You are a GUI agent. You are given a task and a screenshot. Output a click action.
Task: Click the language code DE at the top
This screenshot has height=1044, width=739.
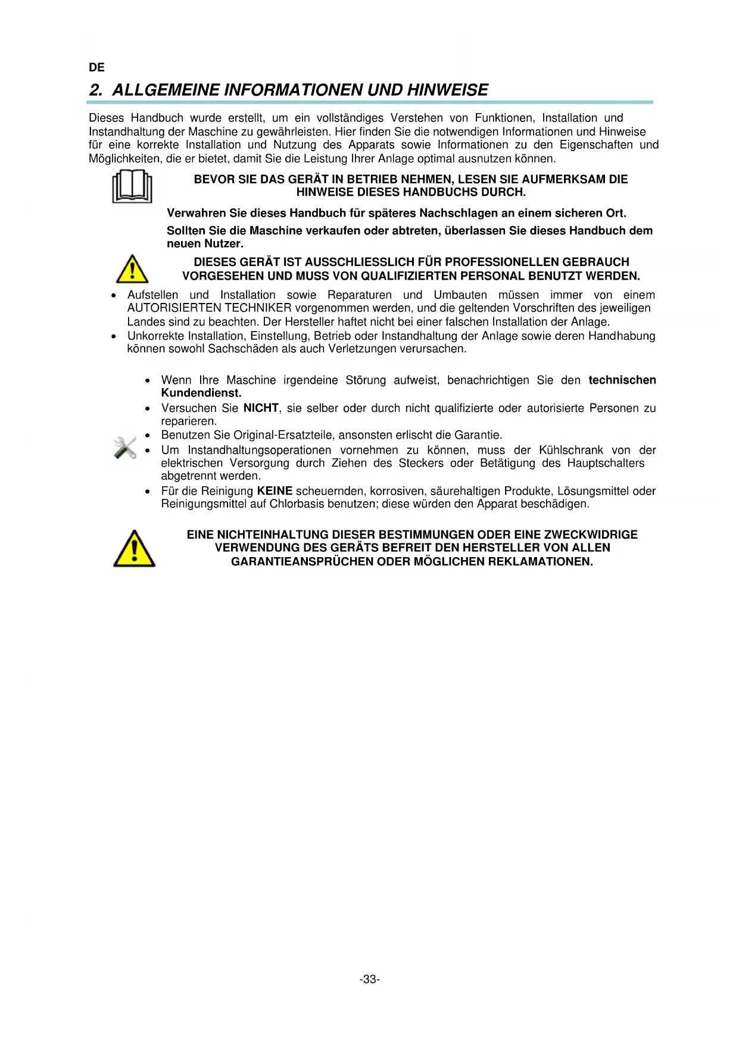click(x=96, y=67)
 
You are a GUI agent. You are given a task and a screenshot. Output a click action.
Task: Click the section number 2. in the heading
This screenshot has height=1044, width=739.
click(x=96, y=90)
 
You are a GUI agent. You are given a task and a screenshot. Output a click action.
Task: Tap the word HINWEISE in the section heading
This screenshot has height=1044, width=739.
click(x=447, y=90)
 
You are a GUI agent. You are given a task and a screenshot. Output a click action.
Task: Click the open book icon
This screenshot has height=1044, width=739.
click(x=132, y=186)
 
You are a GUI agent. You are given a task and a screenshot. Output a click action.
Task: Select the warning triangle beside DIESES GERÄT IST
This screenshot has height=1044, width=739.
click(x=132, y=269)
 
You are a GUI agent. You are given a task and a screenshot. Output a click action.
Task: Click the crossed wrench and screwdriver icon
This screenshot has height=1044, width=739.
click(x=125, y=448)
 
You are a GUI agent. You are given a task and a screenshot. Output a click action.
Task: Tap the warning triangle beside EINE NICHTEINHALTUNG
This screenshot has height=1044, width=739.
click(x=135, y=548)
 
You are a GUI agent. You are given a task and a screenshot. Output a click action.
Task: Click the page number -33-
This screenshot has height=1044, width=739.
click(x=370, y=979)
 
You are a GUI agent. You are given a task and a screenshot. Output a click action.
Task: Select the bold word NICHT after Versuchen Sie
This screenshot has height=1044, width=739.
click(x=261, y=408)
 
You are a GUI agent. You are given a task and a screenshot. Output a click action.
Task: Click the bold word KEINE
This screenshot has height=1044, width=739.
click(x=275, y=491)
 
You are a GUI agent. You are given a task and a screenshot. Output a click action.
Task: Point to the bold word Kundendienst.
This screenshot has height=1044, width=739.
click(x=201, y=393)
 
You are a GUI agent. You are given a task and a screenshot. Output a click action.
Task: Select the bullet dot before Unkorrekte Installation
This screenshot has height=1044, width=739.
click(x=114, y=336)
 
